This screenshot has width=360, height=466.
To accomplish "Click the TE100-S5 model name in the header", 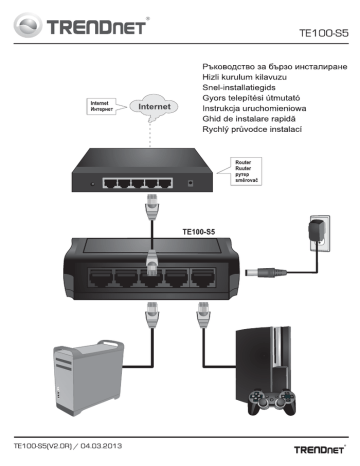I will [x=323, y=32].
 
